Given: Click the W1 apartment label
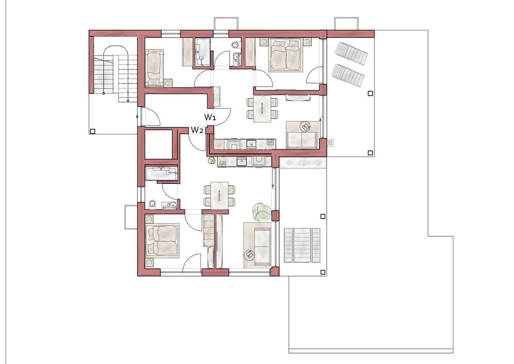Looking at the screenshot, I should click(x=210, y=117).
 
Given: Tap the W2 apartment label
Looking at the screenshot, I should click(x=196, y=130).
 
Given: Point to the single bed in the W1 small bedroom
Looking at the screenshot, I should click(x=154, y=67).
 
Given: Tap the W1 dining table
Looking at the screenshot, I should click(x=262, y=109).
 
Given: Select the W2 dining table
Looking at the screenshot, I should click(x=219, y=196).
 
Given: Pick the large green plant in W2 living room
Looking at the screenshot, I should click(x=262, y=212).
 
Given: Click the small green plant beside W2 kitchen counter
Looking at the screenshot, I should click(x=211, y=161).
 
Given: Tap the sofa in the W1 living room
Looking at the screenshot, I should click(x=302, y=135).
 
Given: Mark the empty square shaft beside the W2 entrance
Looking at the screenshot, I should click(x=159, y=145).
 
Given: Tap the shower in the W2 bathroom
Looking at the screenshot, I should click(x=161, y=174).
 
